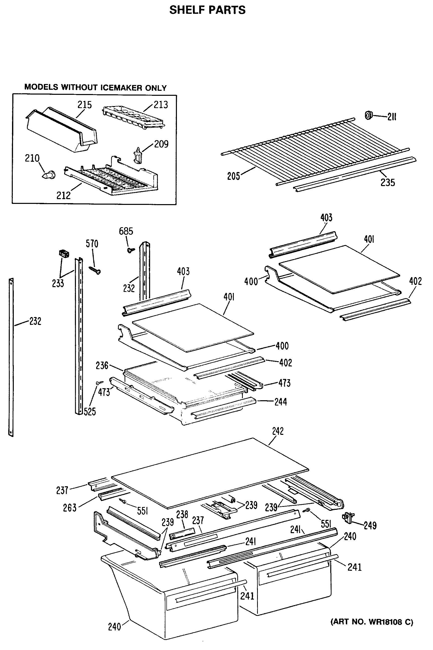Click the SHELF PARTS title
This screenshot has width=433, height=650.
click(207, 10)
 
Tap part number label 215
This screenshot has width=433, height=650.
click(84, 105)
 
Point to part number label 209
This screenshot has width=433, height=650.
click(161, 144)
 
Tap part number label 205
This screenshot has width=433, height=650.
click(233, 176)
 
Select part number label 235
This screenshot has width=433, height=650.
click(388, 182)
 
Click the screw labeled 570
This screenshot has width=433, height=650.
click(95, 270)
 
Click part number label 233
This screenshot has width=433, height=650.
click(58, 283)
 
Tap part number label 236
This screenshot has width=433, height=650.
click(102, 365)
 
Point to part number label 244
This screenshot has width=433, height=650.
click(281, 401)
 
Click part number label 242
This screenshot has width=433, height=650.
click(278, 431)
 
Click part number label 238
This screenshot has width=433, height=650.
click(182, 514)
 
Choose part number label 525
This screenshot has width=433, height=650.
click(90, 412)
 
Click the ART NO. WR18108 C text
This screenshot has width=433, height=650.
click(372, 622)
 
